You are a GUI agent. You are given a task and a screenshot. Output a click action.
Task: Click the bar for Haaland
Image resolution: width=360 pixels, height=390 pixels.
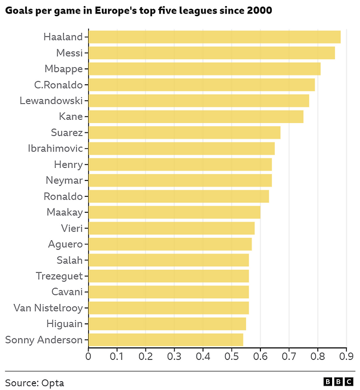[214, 37]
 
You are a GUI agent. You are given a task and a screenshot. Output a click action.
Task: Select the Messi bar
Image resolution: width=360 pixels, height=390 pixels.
[211, 53]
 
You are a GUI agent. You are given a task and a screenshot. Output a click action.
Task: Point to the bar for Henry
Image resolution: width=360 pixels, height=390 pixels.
[180, 165]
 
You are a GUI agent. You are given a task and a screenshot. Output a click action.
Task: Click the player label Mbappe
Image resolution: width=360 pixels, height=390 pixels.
[63, 69]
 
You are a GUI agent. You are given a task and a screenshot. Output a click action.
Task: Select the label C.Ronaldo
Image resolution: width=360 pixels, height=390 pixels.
[58, 85]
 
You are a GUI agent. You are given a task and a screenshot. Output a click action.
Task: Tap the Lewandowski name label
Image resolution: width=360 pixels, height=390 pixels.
[51, 101]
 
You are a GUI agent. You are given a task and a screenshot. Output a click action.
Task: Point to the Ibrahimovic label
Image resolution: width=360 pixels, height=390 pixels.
[55, 148]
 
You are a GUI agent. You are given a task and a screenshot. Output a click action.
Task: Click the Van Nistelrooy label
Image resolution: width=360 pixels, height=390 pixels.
[48, 308]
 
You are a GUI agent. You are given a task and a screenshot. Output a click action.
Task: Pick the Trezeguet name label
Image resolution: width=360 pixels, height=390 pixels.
[59, 276]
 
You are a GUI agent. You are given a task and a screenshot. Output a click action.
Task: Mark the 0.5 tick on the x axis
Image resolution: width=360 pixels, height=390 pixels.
[231, 356]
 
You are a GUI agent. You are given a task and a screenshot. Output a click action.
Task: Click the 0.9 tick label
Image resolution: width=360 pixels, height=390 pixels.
[346, 356]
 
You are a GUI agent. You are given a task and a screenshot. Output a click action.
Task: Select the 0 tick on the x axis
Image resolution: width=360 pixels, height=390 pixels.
[88, 356]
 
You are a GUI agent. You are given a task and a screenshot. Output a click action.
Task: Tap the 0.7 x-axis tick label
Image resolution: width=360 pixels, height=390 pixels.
[289, 356]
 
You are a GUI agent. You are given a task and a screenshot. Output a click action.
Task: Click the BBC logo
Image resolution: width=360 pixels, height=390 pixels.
[338, 382]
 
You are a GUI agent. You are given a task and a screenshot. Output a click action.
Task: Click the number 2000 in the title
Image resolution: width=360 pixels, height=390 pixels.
[259, 10]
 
